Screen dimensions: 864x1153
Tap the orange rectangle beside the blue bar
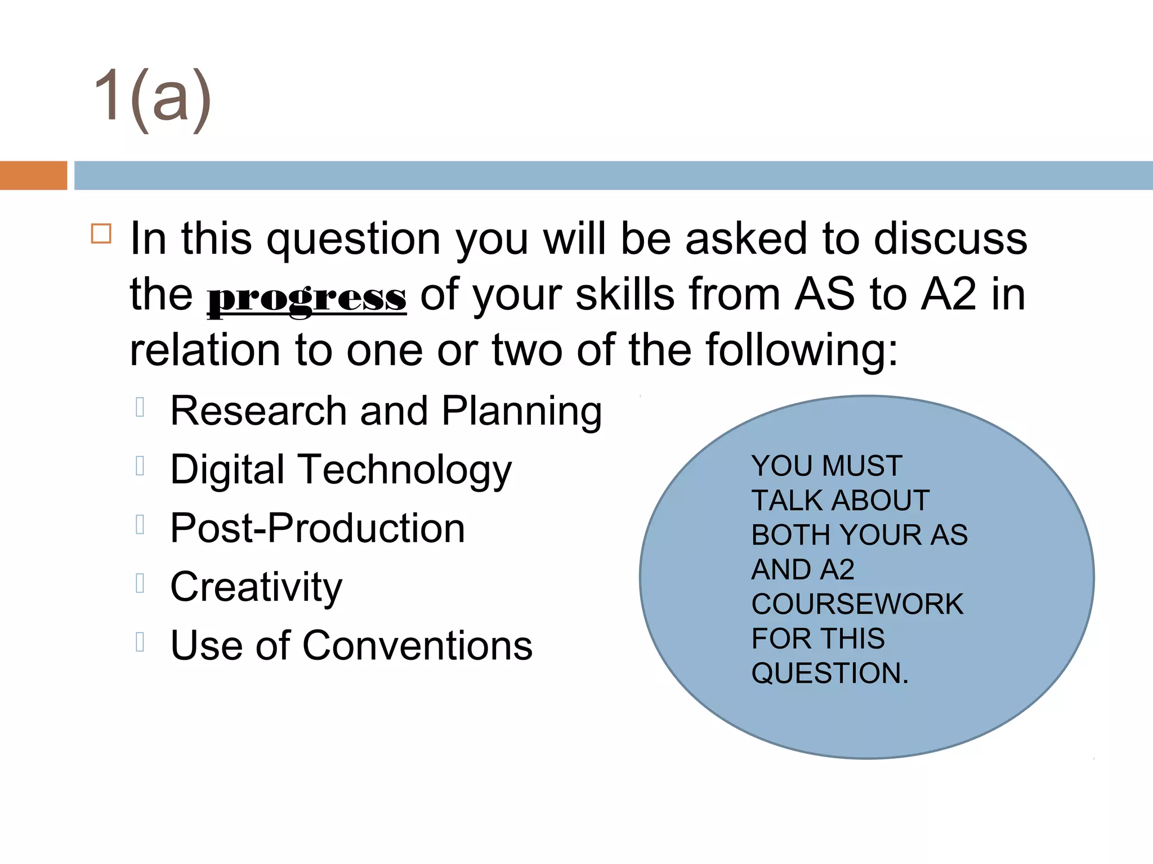pyautogui.click(x=33, y=175)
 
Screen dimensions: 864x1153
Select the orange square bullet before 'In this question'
pyautogui.click(x=101, y=233)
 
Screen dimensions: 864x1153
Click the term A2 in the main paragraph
pyautogui.click(x=948, y=294)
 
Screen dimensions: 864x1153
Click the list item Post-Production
pyautogui.click(x=318, y=528)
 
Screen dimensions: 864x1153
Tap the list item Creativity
pyautogui.click(x=256, y=587)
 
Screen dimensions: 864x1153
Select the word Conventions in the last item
pyautogui.click(x=417, y=645)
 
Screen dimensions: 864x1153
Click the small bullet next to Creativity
pyautogui.click(x=140, y=583)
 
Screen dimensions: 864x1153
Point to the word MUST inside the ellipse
pyautogui.click(x=862, y=466)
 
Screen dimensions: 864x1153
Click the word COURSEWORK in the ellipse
pyautogui.click(x=857, y=604)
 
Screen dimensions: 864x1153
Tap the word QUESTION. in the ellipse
pyautogui.click(x=830, y=673)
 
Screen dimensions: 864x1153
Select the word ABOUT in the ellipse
pyautogui.click(x=881, y=500)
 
